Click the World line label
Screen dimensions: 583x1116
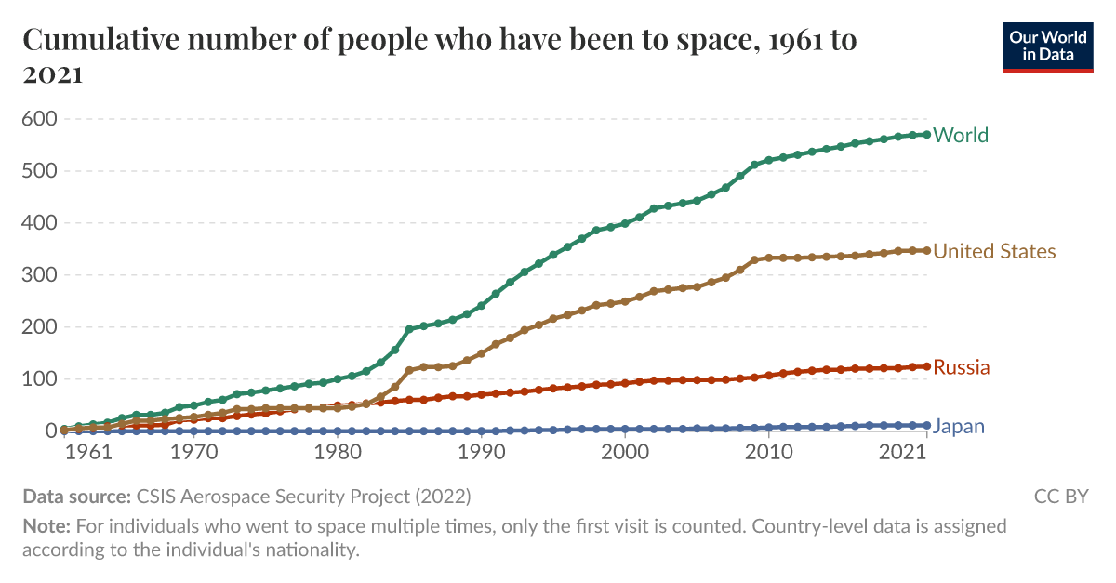960,135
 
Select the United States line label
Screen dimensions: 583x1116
994,251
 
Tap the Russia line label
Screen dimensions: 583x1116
961,367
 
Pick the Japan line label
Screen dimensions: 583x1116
958,427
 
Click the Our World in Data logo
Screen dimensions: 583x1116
1047,46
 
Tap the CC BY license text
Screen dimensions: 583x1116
1060,496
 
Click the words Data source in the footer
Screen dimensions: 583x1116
76,496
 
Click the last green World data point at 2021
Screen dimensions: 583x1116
925,135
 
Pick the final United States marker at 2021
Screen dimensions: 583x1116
925,250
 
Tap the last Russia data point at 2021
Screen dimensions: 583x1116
925,366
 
